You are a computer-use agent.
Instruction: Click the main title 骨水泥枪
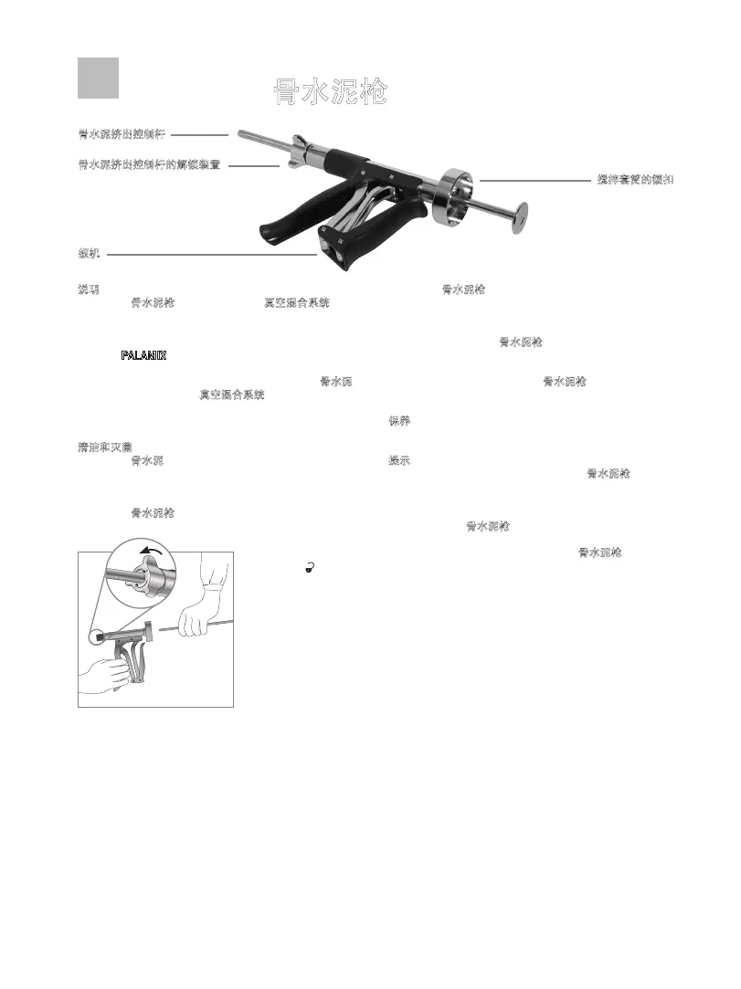(330, 91)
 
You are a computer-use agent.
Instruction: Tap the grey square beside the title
(98, 78)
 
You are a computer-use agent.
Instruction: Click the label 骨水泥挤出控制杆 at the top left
(122, 134)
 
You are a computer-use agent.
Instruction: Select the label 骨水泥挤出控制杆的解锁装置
(149, 165)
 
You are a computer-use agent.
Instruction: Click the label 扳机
(90, 252)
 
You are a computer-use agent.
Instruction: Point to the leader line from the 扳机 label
(210, 255)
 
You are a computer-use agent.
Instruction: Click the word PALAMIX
(144, 355)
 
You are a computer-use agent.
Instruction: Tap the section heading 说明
(90, 289)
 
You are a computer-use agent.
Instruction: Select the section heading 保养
(399, 421)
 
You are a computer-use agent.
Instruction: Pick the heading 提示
(399, 460)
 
